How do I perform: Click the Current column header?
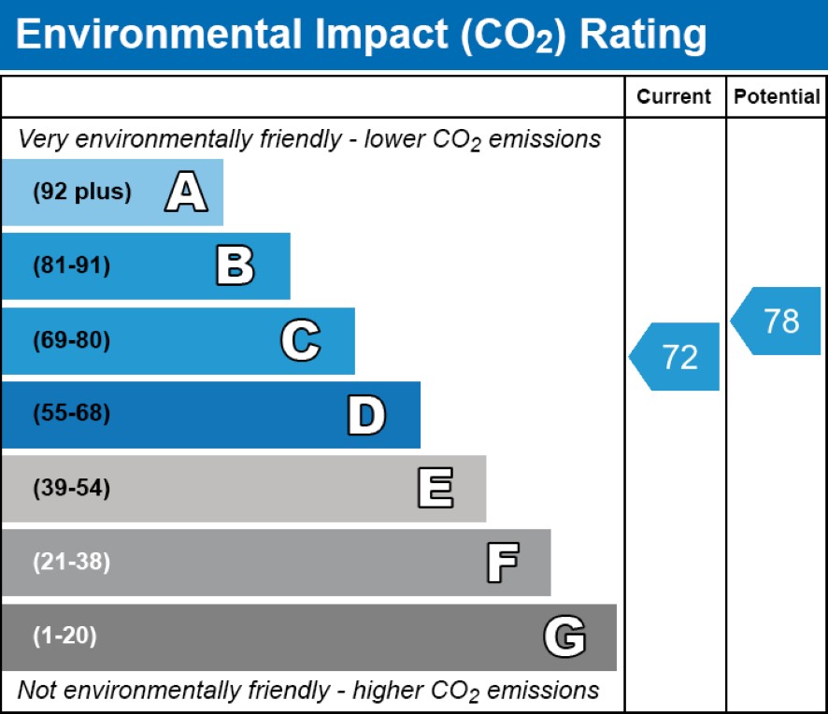pyautogui.click(x=674, y=96)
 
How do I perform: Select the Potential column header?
pyautogui.click(x=777, y=96)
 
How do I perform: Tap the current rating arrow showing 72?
pyautogui.click(x=676, y=356)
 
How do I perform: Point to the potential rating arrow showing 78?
pyautogui.click(x=777, y=321)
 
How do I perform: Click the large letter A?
pyautogui.click(x=186, y=193)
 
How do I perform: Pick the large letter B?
pyautogui.click(x=235, y=266)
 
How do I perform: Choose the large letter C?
pyautogui.click(x=300, y=341)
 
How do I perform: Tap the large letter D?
pyautogui.click(x=365, y=415)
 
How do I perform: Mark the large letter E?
pyautogui.click(x=435, y=489)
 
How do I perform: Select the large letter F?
pyautogui.click(x=502, y=563)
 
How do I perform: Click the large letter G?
pyautogui.click(x=564, y=637)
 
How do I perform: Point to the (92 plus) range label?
pyautogui.click(x=82, y=193)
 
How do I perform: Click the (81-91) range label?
pyautogui.click(x=72, y=266)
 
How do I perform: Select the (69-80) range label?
pyautogui.click(x=72, y=341)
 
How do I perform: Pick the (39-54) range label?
pyautogui.click(x=72, y=489)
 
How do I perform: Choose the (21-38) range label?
pyautogui.click(x=72, y=563)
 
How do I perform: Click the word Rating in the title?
pyautogui.click(x=643, y=35)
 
